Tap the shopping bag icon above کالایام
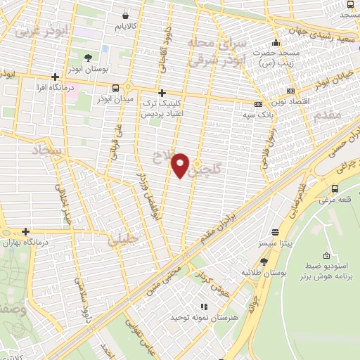(x=125, y=15)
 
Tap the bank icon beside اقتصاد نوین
(x=291, y=91)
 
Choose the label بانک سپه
(x=257, y=113)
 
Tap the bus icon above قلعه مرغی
(x=334, y=188)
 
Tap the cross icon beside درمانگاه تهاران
(x=25, y=231)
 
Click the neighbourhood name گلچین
(x=209, y=168)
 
